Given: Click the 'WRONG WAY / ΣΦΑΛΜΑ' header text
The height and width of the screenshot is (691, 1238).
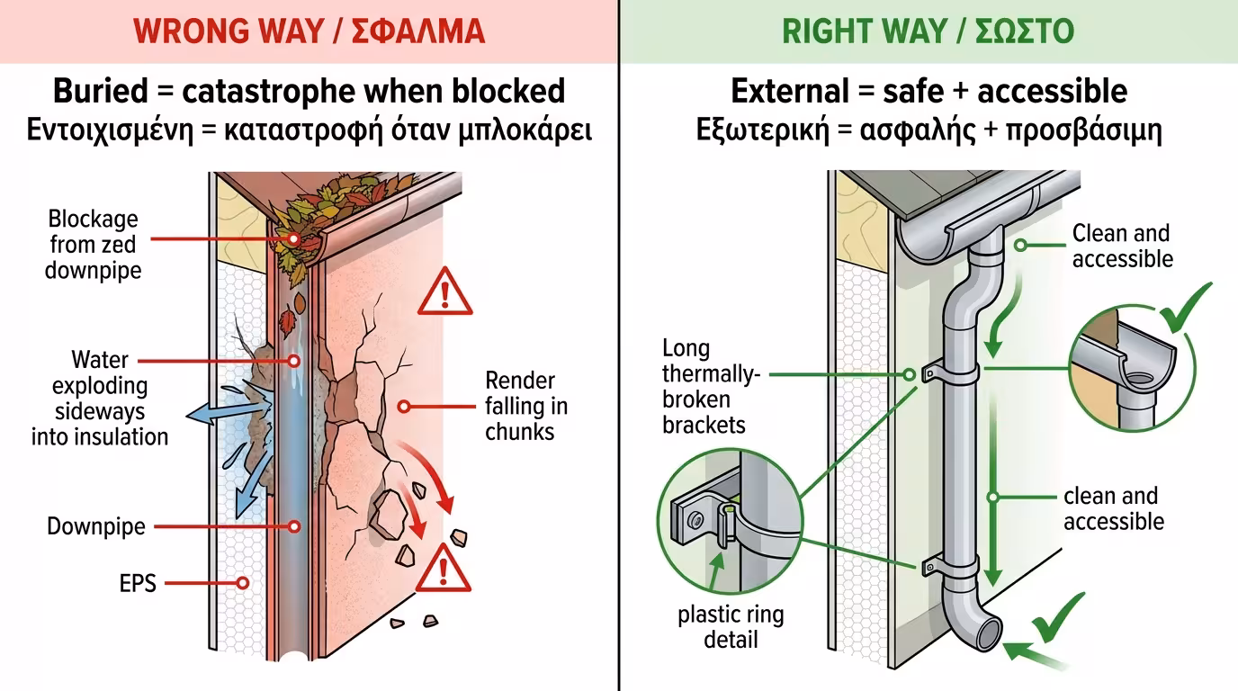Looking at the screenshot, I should pos(309,31).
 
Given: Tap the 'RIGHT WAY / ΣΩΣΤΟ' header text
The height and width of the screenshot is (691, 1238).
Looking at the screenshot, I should pos(928,31).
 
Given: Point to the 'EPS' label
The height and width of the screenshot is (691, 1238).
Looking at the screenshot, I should pos(138,583).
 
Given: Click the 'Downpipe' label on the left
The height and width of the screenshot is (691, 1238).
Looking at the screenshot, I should pos(96,526).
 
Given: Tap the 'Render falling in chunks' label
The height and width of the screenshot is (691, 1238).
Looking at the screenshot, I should pos(520,406).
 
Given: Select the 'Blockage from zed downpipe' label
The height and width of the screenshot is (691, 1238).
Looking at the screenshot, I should pos(94,244).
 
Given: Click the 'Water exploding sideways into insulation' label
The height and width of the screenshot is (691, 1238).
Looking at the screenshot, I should pos(100,399).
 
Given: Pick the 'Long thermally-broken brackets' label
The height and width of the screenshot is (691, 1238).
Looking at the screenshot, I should pos(710,386).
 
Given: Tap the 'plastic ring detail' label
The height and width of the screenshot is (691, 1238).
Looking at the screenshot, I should pos(731,627).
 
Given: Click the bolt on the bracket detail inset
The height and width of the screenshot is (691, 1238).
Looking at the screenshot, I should pos(694,518).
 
